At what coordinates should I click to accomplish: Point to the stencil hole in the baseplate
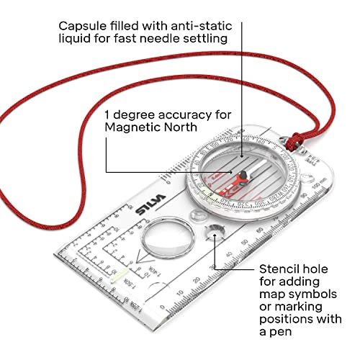214,234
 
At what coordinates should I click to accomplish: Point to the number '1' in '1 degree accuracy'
108,114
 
